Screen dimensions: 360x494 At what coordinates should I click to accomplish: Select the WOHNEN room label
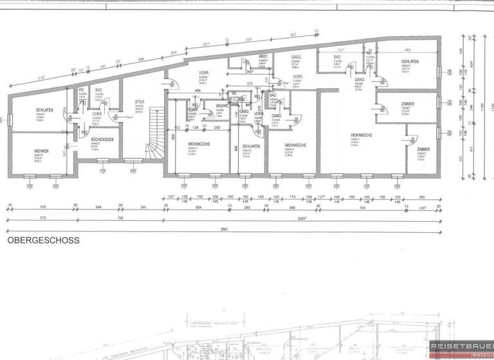(x=41, y=151)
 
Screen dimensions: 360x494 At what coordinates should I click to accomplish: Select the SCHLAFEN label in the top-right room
(x=410, y=61)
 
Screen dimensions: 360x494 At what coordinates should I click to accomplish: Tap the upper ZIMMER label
(x=407, y=104)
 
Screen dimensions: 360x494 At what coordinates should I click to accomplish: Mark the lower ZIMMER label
(x=423, y=149)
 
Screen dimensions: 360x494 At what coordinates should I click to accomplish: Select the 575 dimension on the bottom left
(x=26, y=217)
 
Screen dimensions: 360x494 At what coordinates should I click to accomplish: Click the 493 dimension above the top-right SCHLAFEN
(x=407, y=50)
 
